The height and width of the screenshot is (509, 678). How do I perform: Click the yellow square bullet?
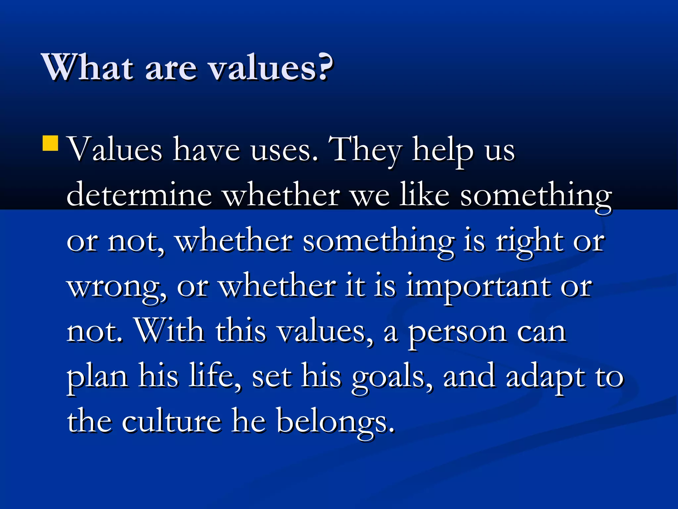click(x=51, y=143)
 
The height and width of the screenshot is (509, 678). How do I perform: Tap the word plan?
click(x=97, y=377)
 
